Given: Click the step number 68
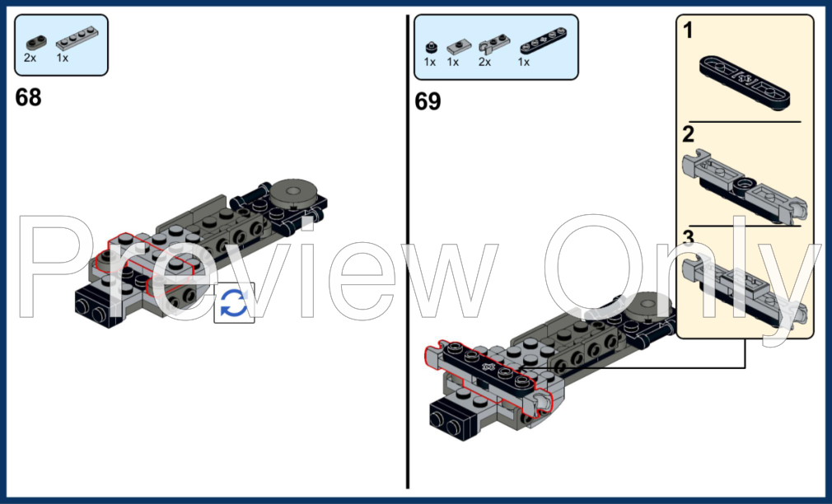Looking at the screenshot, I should tap(28, 98).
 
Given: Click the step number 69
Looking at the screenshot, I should tap(428, 102).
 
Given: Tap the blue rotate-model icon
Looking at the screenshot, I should tap(234, 303).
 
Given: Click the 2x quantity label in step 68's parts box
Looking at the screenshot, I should tap(30, 59).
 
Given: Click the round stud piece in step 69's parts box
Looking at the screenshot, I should tap(430, 47).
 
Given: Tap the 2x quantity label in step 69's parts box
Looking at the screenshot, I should tap(484, 62).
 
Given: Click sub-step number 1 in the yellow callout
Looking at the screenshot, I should tap(688, 32).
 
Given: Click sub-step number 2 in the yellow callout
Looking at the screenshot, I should tap(688, 134).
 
